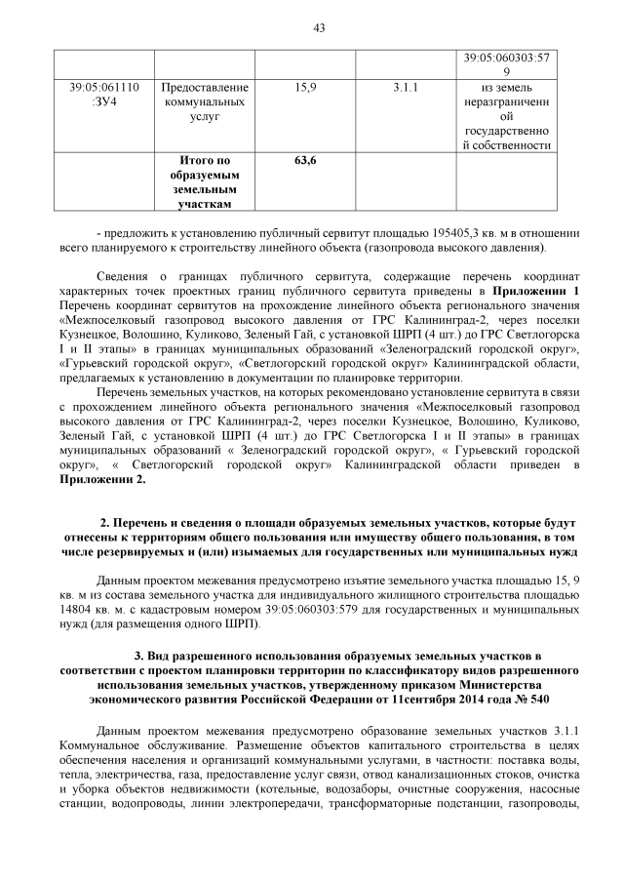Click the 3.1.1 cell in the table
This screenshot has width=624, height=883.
[405, 88]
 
